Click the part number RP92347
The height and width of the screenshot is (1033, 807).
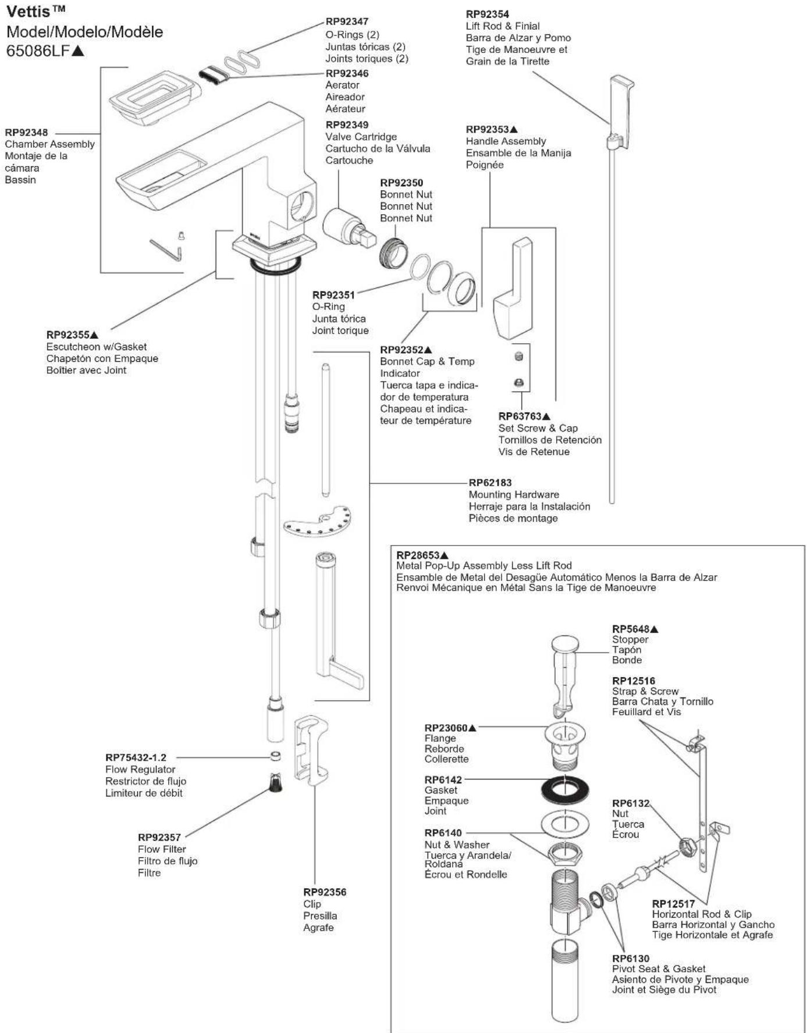(347, 22)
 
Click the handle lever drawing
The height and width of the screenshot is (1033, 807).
(513, 288)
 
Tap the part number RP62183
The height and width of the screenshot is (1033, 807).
(490, 483)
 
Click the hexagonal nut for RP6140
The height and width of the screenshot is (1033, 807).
(565, 854)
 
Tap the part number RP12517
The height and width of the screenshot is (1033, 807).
(673, 904)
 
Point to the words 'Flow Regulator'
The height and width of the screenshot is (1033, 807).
(140, 769)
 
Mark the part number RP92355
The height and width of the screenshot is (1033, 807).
(68, 335)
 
